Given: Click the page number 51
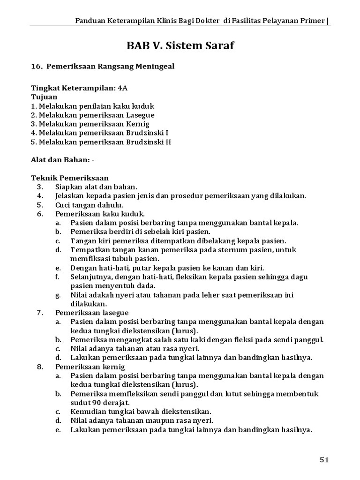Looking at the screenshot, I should click(x=324, y=460).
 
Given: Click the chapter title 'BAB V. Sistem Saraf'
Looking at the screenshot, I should click(x=180, y=46).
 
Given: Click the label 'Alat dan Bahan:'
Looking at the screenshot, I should click(x=60, y=160).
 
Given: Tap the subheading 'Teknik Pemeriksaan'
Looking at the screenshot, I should click(x=69, y=178).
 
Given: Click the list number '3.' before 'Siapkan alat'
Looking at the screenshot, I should click(x=40, y=187).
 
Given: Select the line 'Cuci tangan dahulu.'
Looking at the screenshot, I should click(x=89, y=205).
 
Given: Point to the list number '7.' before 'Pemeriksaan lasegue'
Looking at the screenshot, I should click(x=40, y=313).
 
